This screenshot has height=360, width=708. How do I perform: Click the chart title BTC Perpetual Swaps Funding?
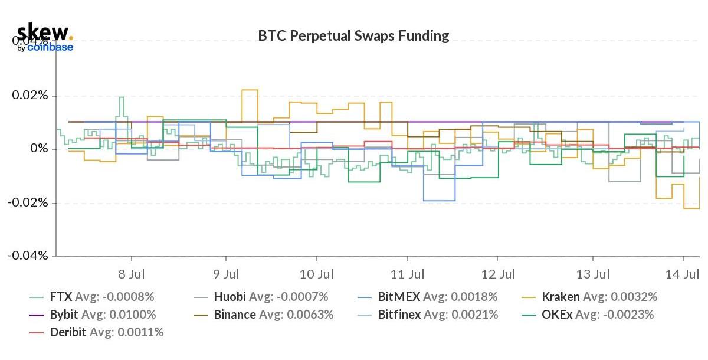pyautogui.click(x=353, y=36)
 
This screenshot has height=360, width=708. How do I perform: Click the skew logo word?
pyautogui.click(x=42, y=31)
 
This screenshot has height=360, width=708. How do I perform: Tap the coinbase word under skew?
pyautogui.click(x=50, y=47)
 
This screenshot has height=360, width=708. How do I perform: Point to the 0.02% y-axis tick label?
pyautogui.click(x=31, y=96)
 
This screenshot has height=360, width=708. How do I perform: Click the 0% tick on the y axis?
pyautogui.click(x=39, y=149)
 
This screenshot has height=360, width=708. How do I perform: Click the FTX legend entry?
pyautogui.click(x=91, y=297)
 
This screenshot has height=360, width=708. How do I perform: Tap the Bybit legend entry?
pyautogui.click(x=93, y=315)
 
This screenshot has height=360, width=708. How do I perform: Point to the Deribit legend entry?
pyautogui.click(x=96, y=332)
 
